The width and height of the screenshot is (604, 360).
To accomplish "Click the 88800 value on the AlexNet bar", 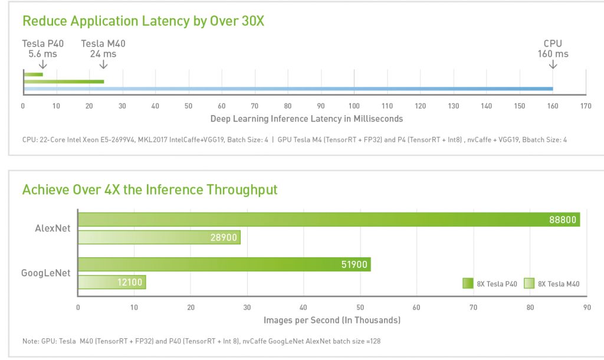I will point(562,220).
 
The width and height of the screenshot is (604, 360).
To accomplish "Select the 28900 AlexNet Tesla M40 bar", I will point(159,237).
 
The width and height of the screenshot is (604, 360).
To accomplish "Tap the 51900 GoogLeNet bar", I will point(224,264).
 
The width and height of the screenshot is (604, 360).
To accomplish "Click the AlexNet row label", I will point(52,228).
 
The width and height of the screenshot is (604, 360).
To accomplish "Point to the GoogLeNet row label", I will point(47,273).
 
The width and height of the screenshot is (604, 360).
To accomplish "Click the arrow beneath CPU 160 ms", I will point(553,64).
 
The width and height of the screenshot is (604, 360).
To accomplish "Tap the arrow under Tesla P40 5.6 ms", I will point(42,64).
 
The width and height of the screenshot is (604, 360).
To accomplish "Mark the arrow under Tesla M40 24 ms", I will point(103,64).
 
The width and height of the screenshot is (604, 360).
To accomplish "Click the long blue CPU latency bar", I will point(288,89).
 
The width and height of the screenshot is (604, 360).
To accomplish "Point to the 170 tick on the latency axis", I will point(586,106).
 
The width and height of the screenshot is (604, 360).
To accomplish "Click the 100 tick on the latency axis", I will point(354,106).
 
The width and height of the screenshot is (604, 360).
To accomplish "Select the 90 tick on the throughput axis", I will point(586,307).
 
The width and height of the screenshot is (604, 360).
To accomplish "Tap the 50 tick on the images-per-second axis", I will point(360,307).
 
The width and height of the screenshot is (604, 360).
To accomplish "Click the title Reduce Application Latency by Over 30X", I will point(143,21).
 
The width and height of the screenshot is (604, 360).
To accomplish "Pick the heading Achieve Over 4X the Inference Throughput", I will point(150,189).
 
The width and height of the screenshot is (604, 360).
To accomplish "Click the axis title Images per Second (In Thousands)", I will point(332,320).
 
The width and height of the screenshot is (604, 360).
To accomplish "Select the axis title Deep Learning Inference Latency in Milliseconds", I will point(306,119).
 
